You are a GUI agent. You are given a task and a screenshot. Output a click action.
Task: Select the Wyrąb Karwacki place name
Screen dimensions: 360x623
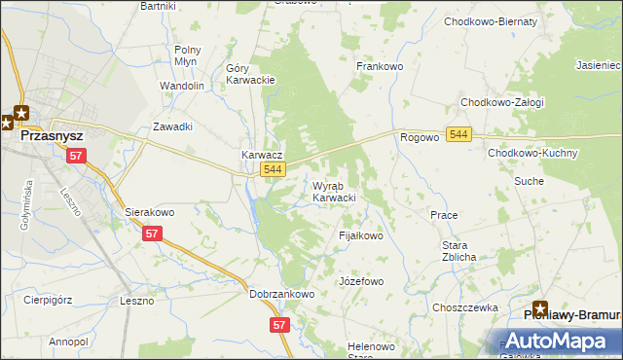point(334,192)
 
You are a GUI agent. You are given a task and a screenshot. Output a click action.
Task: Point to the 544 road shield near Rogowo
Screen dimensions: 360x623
point(460,135)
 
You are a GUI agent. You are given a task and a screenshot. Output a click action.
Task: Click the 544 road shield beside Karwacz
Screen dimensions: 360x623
point(274,169)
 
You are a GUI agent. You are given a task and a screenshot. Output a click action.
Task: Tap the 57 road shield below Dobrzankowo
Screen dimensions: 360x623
point(280,325)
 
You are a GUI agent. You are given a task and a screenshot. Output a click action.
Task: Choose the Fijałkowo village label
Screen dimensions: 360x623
point(361,236)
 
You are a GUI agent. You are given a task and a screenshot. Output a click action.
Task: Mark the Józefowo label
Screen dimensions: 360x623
point(361,281)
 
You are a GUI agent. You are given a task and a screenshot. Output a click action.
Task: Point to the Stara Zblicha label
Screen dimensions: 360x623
point(459,251)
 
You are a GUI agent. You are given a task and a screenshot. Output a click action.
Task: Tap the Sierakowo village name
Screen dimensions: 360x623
point(149,211)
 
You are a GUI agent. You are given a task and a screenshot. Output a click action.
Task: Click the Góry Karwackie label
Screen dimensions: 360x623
point(251,74)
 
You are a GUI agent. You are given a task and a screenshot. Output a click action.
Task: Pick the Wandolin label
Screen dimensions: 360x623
point(182,86)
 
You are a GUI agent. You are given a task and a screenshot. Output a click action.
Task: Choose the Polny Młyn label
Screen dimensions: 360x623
point(187,54)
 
